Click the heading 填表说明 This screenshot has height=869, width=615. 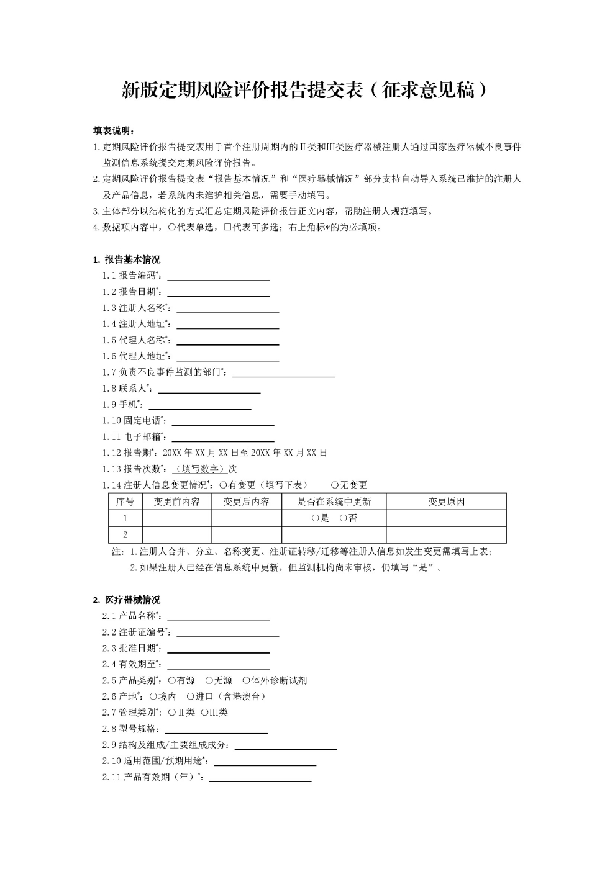pyautogui.click(x=113, y=131)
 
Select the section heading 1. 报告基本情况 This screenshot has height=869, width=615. pyautogui.click(x=126, y=259)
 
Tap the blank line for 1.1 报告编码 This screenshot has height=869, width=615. pyautogui.click(x=218, y=277)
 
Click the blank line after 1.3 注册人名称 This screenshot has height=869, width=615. pyautogui.click(x=227, y=309)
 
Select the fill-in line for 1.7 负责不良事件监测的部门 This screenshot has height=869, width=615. pyautogui.click(x=283, y=374)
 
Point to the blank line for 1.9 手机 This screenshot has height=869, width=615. pyautogui.click(x=199, y=406)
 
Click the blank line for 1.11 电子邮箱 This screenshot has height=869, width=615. pyautogui.click(x=222, y=438)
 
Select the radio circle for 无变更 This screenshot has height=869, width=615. pyautogui.click(x=334, y=485)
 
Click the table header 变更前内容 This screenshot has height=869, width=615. pyautogui.click(x=177, y=502)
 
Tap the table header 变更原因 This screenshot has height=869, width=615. pyautogui.click(x=446, y=502)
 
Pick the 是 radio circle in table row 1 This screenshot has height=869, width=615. pyautogui.click(x=316, y=518)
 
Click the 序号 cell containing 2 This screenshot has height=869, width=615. pyautogui.click(x=125, y=534)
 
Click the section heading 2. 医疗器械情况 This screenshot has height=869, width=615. pyautogui.click(x=126, y=600)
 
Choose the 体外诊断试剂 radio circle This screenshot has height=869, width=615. pyautogui.click(x=246, y=680)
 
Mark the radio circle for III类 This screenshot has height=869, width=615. pyautogui.click(x=204, y=713)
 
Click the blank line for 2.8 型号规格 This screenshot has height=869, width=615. pyautogui.click(x=216, y=730)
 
